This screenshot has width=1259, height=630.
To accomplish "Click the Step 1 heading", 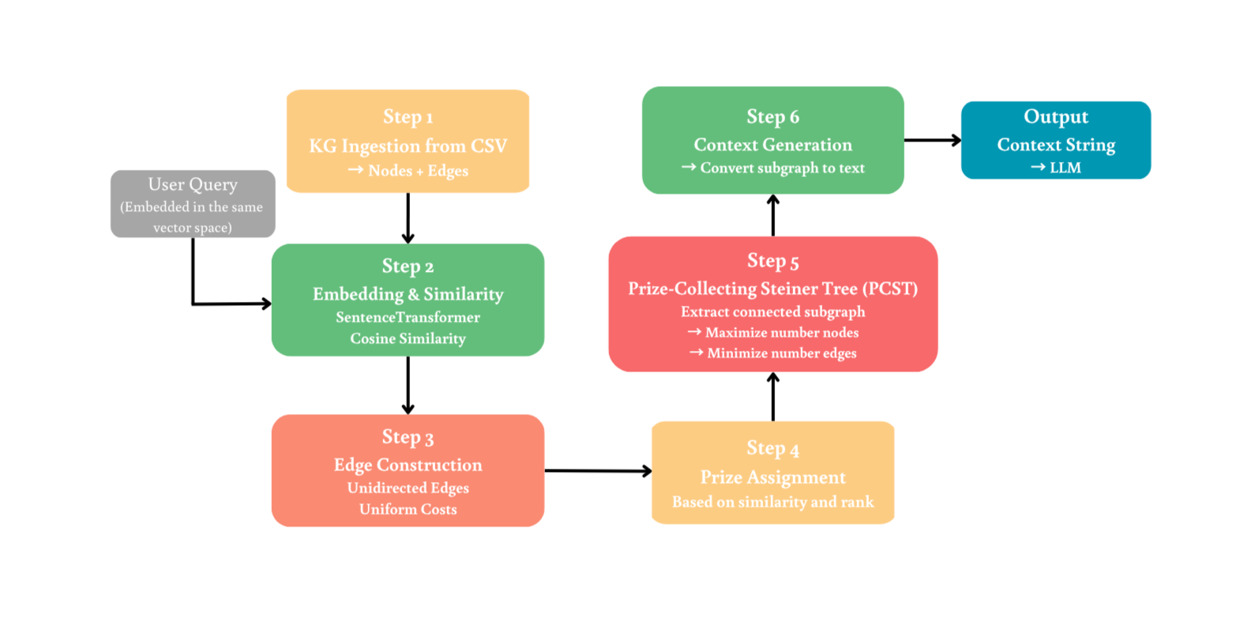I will pyautogui.click(x=408, y=117).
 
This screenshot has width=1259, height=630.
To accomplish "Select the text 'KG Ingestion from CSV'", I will pyautogui.click(x=408, y=146).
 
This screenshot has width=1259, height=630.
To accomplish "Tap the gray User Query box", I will pyautogui.click(x=193, y=204).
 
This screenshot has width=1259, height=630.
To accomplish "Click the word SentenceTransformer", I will pyautogui.click(x=408, y=317).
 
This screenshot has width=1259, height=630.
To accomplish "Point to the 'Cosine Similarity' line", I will pyautogui.click(x=408, y=338).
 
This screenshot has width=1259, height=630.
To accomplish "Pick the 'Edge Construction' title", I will pyautogui.click(x=408, y=465).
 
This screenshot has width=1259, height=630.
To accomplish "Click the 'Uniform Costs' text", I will pyautogui.click(x=408, y=509).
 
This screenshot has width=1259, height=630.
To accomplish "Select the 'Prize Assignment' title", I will pyautogui.click(x=772, y=477).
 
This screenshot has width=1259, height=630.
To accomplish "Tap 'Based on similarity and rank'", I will pyautogui.click(x=772, y=502).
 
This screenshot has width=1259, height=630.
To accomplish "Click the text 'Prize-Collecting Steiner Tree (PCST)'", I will pyautogui.click(x=772, y=289).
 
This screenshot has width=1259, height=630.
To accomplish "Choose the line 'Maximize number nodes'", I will pyautogui.click(x=781, y=333).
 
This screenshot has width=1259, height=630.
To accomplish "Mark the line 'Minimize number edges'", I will pyautogui.click(x=781, y=353).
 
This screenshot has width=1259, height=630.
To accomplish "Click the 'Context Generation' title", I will pyautogui.click(x=772, y=145).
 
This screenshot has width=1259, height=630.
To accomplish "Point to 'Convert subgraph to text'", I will pyautogui.click(x=782, y=168).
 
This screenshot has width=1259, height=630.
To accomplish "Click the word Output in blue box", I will pyautogui.click(x=1055, y=117).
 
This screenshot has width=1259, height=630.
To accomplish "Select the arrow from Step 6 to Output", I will pyautogui.click(x=932, y=140).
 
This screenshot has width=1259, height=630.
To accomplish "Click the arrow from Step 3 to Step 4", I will pyautogui.click(x=597, y=471).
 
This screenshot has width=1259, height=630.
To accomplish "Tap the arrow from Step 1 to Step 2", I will pyautogui.click(x=408, y=217).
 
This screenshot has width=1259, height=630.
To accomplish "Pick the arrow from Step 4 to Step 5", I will pyautogui.click(x=772, y=397).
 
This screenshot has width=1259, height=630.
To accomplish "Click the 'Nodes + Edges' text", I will pyautogui.click(x=418, y=171).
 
